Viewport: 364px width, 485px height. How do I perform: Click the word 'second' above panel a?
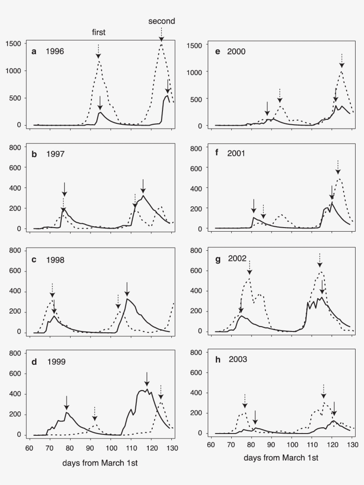tap(162, 21)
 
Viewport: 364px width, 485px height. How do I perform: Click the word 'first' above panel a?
tap(99, 32)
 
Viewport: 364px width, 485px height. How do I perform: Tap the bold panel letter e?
tap(218, 51)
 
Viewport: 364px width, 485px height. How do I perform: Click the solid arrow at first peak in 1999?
tap(67, 403)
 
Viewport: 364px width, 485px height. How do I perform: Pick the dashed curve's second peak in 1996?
tap(162, 44)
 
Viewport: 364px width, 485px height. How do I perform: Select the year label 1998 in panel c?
tap(55, 260)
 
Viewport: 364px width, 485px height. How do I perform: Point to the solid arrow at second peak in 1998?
tap(127, 289)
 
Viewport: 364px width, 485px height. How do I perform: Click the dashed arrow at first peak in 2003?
tap(245, 400)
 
